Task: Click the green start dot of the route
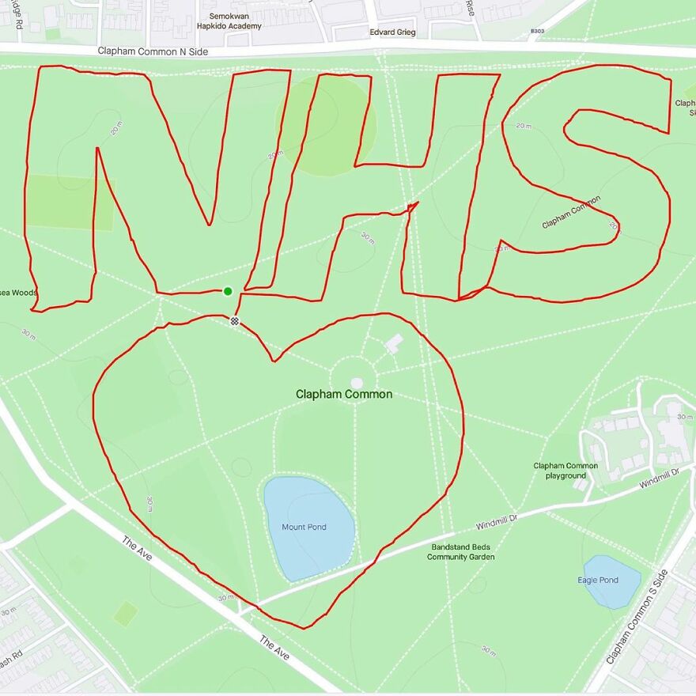coord(228,291)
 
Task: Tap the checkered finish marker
coord(234,320)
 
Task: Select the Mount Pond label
coord(304,527)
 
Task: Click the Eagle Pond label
coord(598,580)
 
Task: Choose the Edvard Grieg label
coord(392,32)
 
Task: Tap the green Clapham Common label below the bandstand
coord(344,394)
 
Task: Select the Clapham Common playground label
coord(565,471)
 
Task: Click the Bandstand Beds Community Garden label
coord(460,552)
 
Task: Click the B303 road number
coord(537,31)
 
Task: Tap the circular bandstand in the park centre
coord(356,383)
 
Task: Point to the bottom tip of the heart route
coord(304,628)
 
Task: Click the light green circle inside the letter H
coord(326,127)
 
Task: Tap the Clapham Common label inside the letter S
coord(571,212)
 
